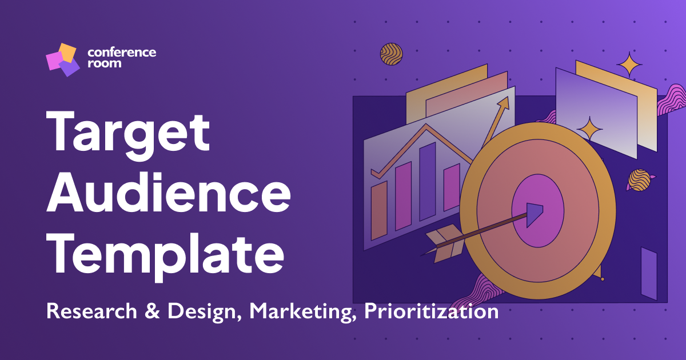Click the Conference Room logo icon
[61, 59]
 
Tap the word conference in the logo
[122, 53]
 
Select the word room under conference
[104, 63]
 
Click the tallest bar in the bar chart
[427, 182]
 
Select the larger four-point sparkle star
[629, 64]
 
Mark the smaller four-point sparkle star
[589, 129]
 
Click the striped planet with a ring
[639, 180]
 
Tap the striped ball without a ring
[392, 54]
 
